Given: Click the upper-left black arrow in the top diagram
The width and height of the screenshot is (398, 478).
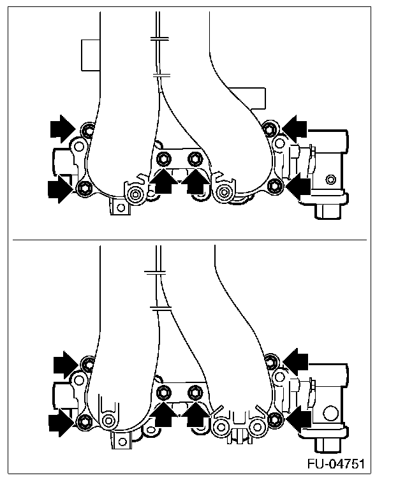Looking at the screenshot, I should point(63,128).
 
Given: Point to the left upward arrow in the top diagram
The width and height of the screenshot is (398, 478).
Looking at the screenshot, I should point(163,182).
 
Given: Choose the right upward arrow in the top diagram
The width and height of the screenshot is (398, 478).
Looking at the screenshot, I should point(196,182).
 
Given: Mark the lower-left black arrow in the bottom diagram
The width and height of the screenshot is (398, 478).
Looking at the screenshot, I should point(62,421).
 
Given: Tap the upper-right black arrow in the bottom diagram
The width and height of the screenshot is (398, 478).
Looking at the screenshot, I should point(295,361).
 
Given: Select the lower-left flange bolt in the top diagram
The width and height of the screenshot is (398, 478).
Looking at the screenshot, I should point(83,187).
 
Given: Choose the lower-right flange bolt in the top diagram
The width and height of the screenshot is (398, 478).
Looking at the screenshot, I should point(275,185).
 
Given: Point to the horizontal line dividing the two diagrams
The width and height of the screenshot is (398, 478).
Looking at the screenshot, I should point(191,240).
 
